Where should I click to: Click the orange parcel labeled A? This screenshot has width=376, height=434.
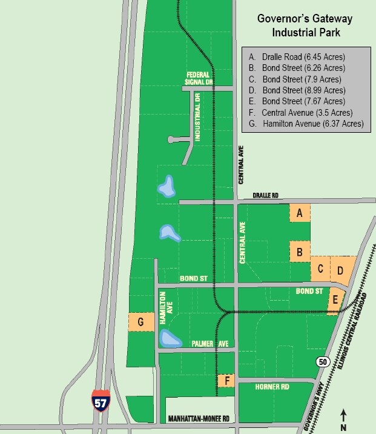[299, 213]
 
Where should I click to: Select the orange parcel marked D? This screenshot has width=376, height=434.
[341, 269]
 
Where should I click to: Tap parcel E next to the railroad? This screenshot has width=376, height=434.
[335, 301]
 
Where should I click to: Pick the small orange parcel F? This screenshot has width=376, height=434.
[226, 381]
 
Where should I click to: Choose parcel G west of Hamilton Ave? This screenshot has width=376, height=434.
[140, 322]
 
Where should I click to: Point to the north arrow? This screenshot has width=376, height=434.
[343, 418]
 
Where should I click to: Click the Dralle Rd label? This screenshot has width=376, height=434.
[266, 196]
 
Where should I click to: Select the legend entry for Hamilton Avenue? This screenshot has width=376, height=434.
[308, 124]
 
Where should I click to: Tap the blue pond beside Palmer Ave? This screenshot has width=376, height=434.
[169, 339]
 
